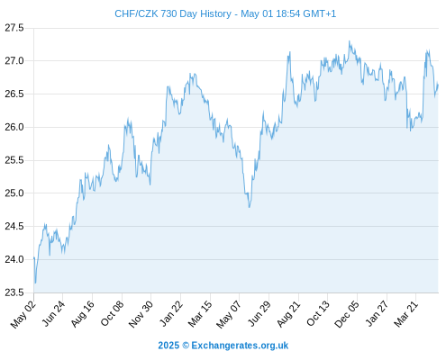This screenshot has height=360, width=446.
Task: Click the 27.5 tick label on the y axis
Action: [x=14, y=28]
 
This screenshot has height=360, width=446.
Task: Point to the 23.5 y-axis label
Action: [x=14, y=292]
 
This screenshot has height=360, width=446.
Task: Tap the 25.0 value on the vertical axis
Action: [x=14, y=193]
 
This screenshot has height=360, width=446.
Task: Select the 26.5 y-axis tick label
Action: [x=14, y=94]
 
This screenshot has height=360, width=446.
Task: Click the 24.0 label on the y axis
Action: [x=14, y=259]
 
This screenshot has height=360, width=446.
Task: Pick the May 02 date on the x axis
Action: [x=23, y=314]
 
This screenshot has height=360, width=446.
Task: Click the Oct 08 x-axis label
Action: [x=112, y=313]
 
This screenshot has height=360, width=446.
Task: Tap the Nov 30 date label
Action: [x=141, y=314]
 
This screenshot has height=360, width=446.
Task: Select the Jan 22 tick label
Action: [x=171, y=313]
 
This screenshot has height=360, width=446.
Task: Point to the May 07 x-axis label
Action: [x=229, y=314]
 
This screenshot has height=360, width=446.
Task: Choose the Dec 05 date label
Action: [x=346, y=314]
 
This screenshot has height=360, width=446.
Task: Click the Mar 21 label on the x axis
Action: [x=405, y=313]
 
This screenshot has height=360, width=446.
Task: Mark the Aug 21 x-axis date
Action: [x=288, y=314]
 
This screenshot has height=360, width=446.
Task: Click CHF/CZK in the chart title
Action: [x=136, y=13]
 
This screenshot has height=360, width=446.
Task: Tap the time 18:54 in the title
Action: [x=287, y=13]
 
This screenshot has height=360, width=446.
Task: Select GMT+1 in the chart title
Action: [x=320, y=13]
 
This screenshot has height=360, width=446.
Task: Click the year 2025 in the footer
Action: [x=168, y=346]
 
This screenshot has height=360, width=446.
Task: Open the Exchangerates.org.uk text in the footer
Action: [x=240, y=346]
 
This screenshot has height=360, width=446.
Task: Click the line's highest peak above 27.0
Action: [x=349, y=41]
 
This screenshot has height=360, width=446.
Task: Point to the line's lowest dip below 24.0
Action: [x=35, y=283]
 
